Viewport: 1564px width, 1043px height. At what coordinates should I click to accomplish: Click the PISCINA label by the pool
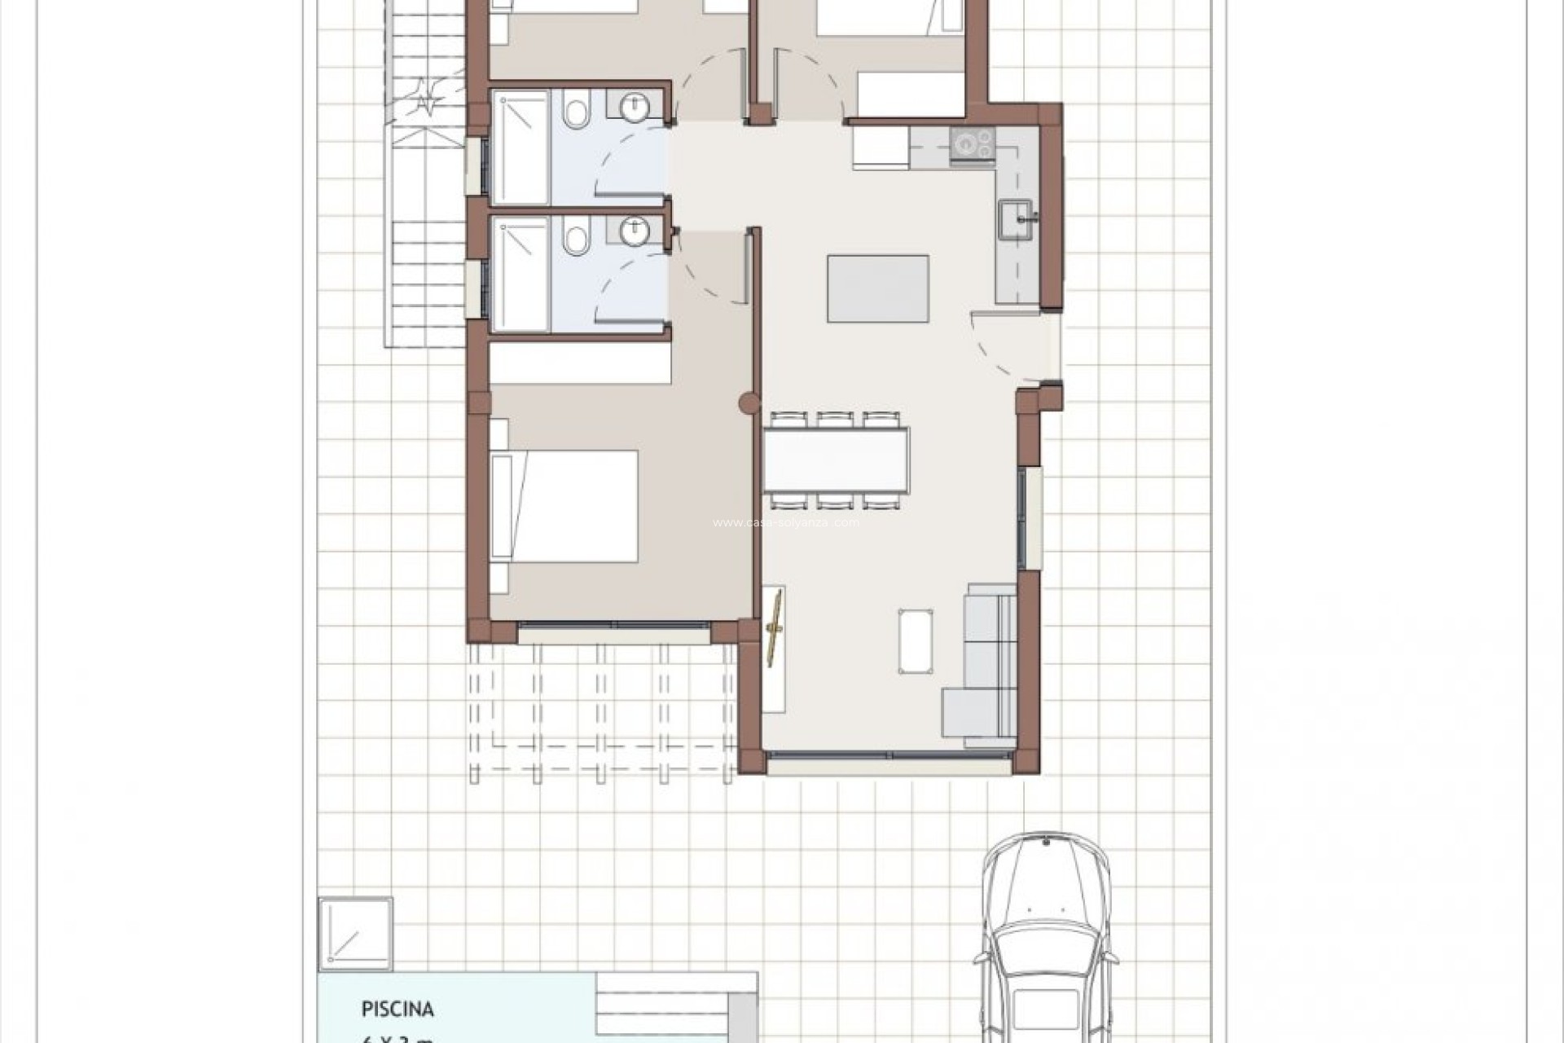pyautogui.click(x=398, y=1009)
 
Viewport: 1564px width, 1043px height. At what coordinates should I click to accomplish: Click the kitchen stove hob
pyautogui.click(x=972, y=143)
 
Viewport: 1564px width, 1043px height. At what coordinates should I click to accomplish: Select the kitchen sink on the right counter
pyautogui.click(x=1015, y=220)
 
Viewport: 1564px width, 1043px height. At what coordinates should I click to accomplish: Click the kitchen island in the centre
pyautogui.click(x=878, y=288)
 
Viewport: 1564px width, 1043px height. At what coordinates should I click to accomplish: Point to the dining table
pyautogui.click(x=836, y=460)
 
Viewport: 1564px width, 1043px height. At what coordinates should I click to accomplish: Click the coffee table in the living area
pyautogui.click(x=916, y=641)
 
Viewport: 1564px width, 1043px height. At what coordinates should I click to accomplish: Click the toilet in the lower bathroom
pyautogui.click(x=577, y=239)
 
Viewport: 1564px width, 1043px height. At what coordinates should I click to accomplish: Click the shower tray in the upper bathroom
pyautogui.click(x=521, y=147)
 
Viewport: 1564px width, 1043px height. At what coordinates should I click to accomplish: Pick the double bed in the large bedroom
pyautogui.click(x=564, y=505)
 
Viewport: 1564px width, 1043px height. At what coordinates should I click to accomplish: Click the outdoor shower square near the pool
pyautogui.click(x=355, y=934)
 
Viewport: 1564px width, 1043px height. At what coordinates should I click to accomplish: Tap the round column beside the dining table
pyautogui.click(x=748, y=403)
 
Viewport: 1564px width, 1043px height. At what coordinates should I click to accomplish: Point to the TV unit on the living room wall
pyautogui.click(x=774, y=649)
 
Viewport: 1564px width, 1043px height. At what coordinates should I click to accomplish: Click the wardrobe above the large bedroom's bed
pyautogui.click(x=580, y=363)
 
